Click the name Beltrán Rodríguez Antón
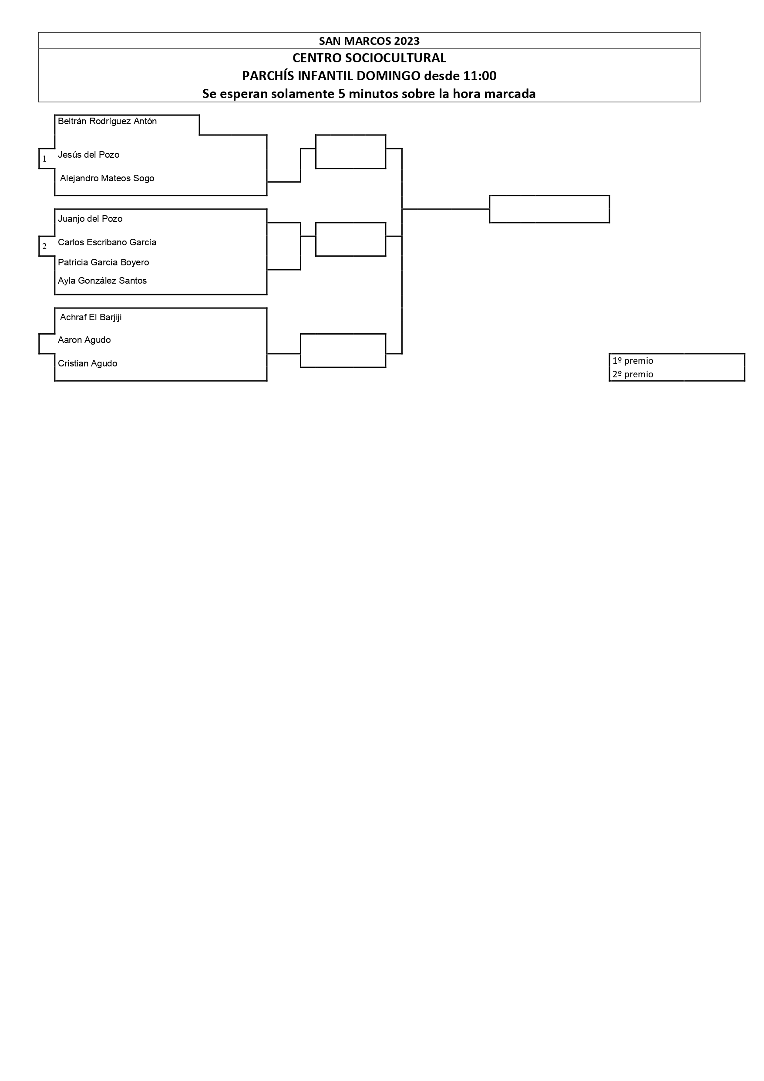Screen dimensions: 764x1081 (x=107, y=122)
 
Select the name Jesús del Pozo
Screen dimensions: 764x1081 (x=88, y=155)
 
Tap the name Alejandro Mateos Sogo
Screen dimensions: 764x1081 (x=107, y=179)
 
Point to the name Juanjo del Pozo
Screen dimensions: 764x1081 (x=90, y=219)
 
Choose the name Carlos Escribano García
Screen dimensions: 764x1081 (x=107, y=242)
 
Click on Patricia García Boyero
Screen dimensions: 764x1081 (x=104, y=263)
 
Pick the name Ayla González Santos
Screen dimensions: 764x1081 (x=103, y=281)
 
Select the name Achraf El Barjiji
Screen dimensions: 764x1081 (x=91, y=318)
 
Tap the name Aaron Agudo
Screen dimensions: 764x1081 (x=84, y=340)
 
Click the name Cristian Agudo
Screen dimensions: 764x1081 (x=88, y=364)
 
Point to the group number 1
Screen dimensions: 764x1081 (x=45, y=159)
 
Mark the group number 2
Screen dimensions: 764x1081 (x=45, y=247)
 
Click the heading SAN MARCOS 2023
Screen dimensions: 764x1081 (x=369, y=41)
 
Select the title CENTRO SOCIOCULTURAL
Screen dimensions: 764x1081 (x=369, y=58)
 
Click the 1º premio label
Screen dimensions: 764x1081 (x=633, y=361)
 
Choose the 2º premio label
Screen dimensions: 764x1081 (x=633, y=375)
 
